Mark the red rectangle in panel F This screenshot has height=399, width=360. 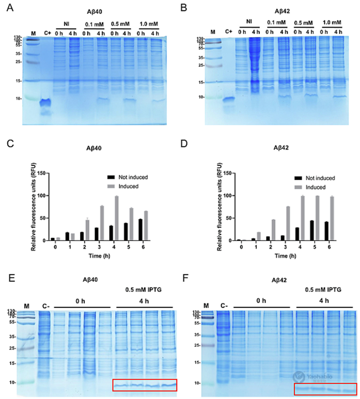click(x=325, y=389)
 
